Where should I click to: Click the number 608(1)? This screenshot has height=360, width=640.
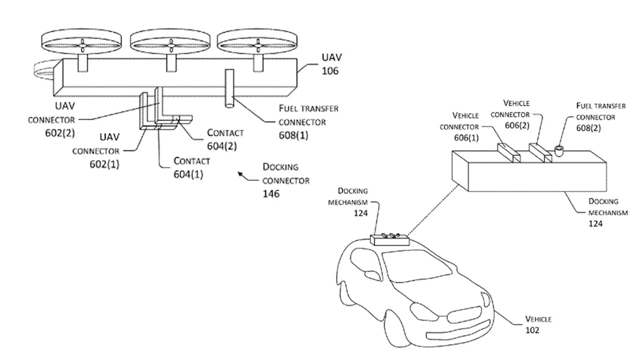(x=293, y=135)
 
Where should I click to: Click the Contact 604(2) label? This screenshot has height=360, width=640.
(x=225, y=139)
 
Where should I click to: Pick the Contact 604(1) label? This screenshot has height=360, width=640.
(x=191, y=168)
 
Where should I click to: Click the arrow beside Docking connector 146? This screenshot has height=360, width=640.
(x=243, y=175)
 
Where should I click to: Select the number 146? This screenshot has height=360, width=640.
(x=271, y=193)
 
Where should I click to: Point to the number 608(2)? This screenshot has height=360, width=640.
(x=588, y=128)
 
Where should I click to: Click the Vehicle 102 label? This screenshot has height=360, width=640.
(x=538, y=325)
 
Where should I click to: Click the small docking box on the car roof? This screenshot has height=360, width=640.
(x=389, y=239)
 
